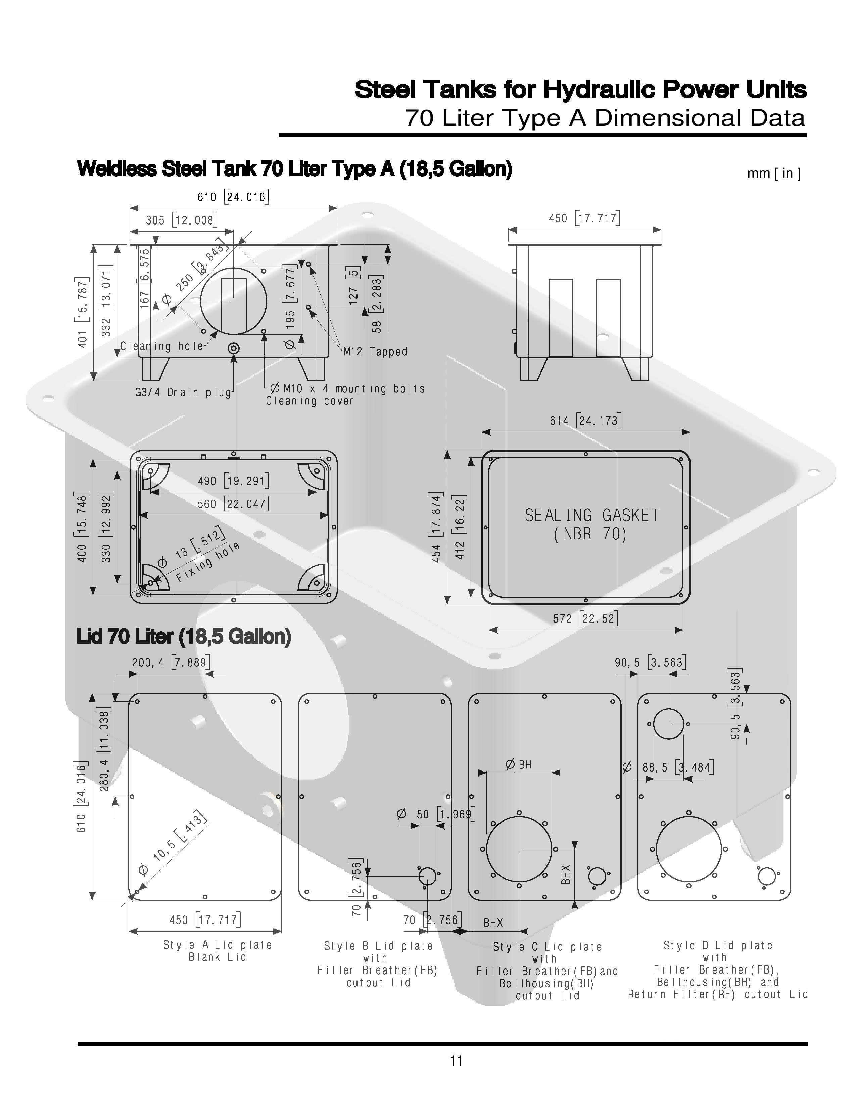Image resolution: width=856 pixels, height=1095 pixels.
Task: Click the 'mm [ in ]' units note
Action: coord(774,173)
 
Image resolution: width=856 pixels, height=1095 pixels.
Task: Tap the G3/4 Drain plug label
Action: coord(183,392)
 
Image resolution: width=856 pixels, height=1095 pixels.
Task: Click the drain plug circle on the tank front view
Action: coord(233,348)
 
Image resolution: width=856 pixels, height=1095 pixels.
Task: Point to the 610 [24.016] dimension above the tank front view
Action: coord(234,197)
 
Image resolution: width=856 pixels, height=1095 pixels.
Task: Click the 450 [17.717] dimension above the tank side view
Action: coord(584,218)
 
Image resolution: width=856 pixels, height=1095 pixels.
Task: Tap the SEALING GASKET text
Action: coord(592,515)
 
